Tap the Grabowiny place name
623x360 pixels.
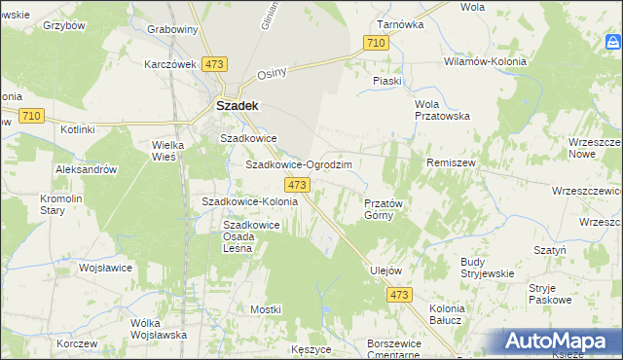click(x=172, y=29)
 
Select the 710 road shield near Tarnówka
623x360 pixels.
click(x=376, y=43)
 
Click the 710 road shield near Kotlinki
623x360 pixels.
click(x=30, y=116)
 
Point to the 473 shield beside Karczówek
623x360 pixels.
click(x=215, y=63)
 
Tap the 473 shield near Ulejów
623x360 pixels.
click(x=397, y=294)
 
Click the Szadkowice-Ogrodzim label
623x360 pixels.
click(x=298, y=164)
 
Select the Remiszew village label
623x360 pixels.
click(x=451, y=163)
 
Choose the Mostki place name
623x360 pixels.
click(x=265, y=308)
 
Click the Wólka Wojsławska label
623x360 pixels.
click(x=158, y=328)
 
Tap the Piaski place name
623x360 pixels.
click(x=387, y=81)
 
